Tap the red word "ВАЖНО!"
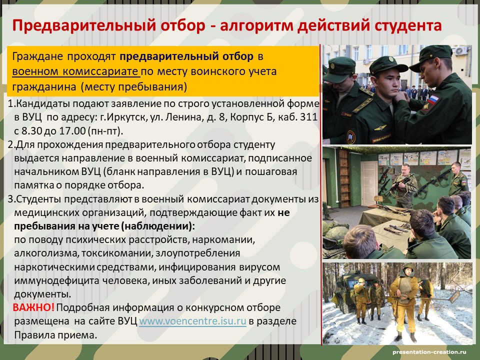(x=33, y=307)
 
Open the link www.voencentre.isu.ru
(x=192, y=321)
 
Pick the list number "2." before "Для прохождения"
(x=11, y=144)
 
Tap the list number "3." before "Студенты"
(x=11, y=199)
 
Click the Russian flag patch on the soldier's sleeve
(x=432, y=99)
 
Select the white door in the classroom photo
(x=369, y=183)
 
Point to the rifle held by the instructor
(x=397, y=184)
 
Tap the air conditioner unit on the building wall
(x=460, y=51)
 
